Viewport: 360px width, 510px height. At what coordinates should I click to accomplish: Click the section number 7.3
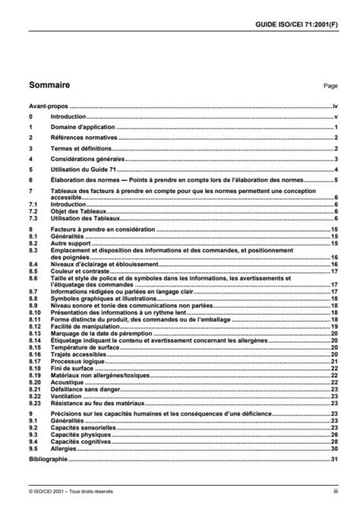coord(33,217)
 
